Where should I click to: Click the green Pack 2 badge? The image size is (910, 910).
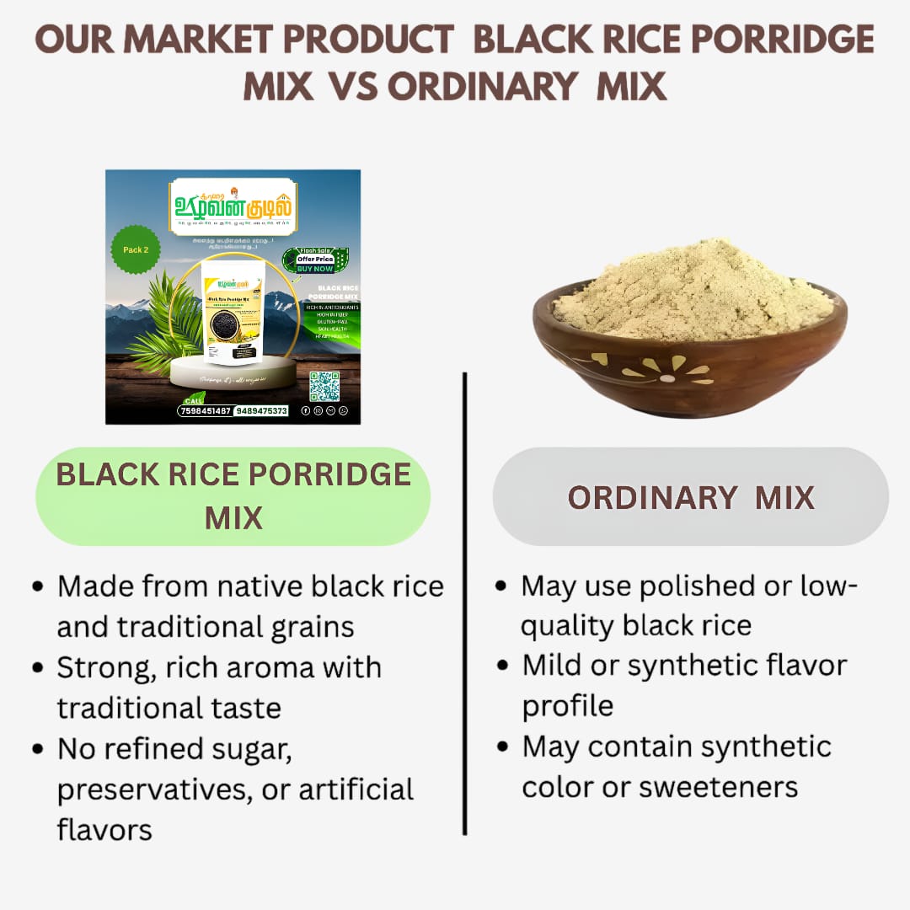(135, 249)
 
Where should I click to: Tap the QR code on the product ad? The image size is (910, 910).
(324, 386)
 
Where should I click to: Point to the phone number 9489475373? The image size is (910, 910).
(261, 411)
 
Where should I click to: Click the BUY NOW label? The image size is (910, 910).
(314, 269)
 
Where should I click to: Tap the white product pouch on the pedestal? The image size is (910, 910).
(233, 311)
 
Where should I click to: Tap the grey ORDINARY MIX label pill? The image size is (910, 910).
(690, 497)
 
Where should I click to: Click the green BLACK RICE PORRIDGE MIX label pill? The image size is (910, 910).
(233, 495)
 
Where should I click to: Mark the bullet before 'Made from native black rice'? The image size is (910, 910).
(38, 586)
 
